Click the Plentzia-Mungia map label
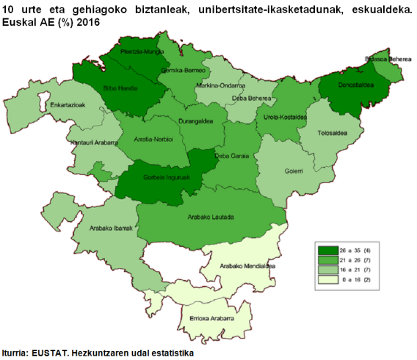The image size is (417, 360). tap(142, 52)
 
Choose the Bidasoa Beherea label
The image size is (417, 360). tap(382, 59)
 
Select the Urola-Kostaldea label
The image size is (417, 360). tap(283, 117)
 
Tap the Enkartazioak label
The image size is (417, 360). tap(69, 105)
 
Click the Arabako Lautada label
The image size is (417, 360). tap(211, 218)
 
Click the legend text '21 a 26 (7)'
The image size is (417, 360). tap(351, 261)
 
